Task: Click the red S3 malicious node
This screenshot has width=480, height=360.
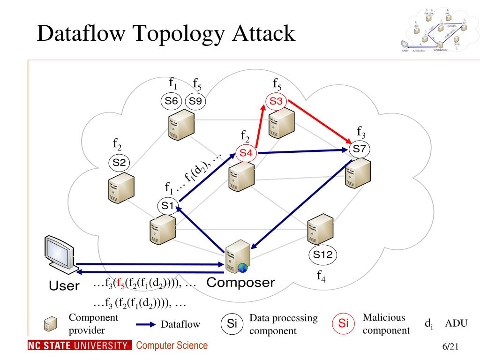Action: click(276, 101)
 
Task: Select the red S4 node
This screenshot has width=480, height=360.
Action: click(246, 153)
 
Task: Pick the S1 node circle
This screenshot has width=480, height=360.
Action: click(168, 205)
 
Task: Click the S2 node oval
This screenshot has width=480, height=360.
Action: click(119, 163)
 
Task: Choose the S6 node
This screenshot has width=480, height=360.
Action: click(172, 101)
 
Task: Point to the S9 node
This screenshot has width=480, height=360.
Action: click(196, 101)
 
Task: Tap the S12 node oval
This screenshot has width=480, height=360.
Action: click(322, 255)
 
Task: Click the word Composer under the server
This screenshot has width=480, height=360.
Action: click(240, 283)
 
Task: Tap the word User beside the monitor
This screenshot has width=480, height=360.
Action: click(64, 285)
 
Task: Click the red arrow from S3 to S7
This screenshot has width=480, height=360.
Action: click(321, 120)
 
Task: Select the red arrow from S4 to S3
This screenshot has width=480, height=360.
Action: click(260, 127)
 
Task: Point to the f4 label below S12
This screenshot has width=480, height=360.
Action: click(321, 276)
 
